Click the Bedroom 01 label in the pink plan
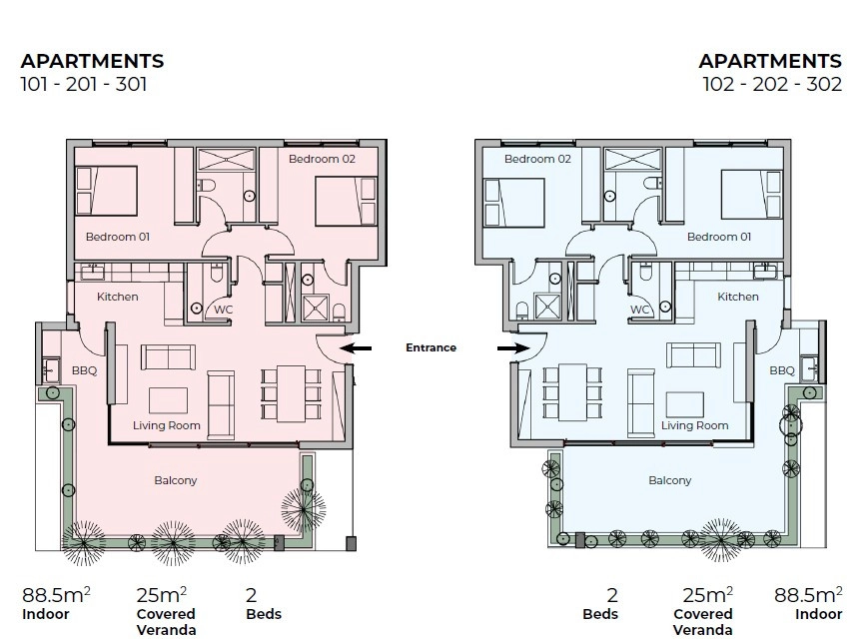tap(117, 237)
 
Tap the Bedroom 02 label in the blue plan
tap(537, 159)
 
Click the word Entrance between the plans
tap(431, 347)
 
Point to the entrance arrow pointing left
tap(356, 348)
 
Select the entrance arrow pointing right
tap(513, 348)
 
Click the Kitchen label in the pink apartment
tap(117, 297)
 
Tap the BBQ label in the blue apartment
tap(782, 370)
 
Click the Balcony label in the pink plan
tap(175, 481)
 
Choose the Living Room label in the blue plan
tap(694, 425)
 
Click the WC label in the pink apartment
tap(224, 310)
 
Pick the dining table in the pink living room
tap(292, 393)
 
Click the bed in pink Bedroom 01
tap(106, 191)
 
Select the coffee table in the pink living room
tap(168, 400)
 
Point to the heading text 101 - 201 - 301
tap(84, 85)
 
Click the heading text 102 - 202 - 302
tap(772, 85)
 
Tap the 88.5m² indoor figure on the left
tap(56, 595)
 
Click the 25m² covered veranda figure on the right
tap(708, 595)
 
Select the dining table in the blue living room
tap(572, 392)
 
